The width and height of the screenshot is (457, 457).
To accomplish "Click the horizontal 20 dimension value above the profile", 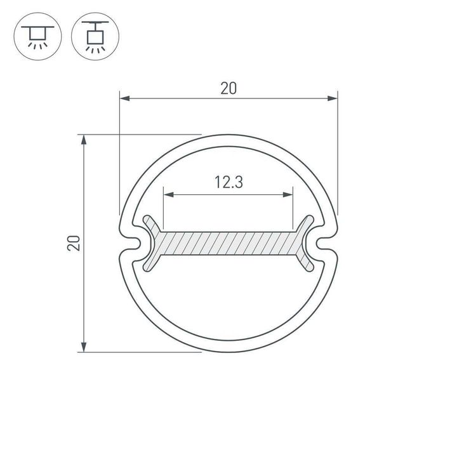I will pyautogui.click(x=228, y=89).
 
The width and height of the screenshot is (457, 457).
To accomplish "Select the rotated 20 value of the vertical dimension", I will pyautogui.click(x=75, y=242).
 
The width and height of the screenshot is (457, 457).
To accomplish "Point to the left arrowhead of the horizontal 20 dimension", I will pyautogui.click(x=125, y=98).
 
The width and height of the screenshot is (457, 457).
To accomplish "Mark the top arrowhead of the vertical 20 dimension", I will pyautogui.click(x=84, y=139).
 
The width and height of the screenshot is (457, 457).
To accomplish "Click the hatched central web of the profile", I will pyautogui.click(x=228, y=243).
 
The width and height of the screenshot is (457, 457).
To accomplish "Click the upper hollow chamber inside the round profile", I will pyautogui.click(x=228, y=165).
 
